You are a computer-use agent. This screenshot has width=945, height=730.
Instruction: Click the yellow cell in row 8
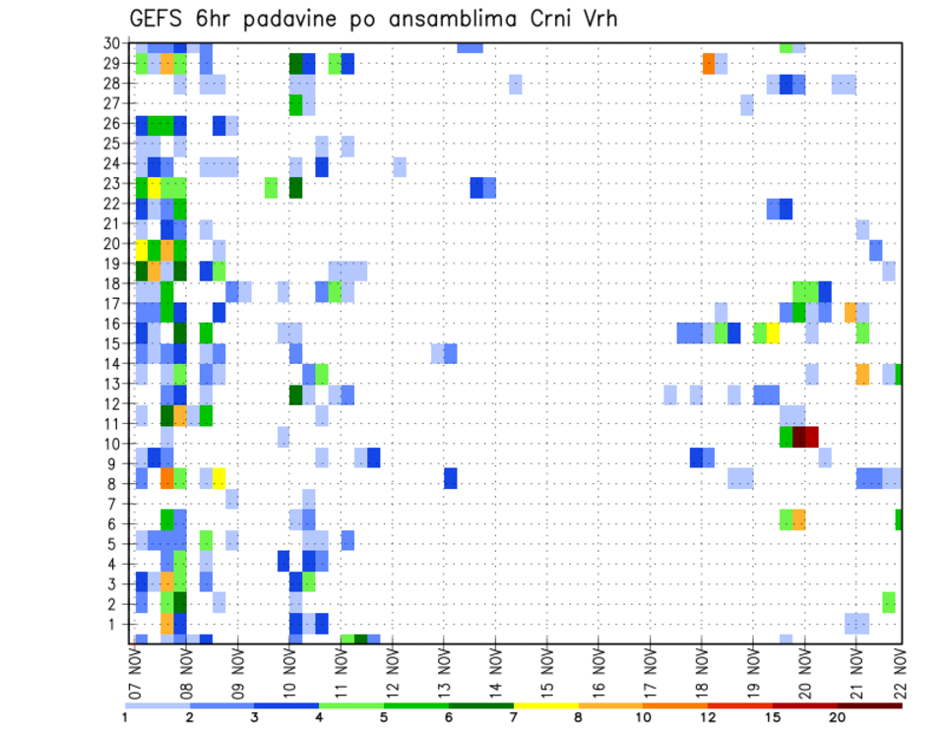point(219,478)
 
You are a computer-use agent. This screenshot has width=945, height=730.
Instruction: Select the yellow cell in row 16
point(773,333)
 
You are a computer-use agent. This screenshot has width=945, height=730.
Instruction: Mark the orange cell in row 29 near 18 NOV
point(709,63)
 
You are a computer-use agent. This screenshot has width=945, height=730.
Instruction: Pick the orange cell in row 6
point(798,518)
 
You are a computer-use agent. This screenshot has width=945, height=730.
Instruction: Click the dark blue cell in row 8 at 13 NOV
point(450,478)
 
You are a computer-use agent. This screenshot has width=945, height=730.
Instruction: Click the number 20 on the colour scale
point(837,717)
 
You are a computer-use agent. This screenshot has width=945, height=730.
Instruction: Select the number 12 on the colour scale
point(709,717)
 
